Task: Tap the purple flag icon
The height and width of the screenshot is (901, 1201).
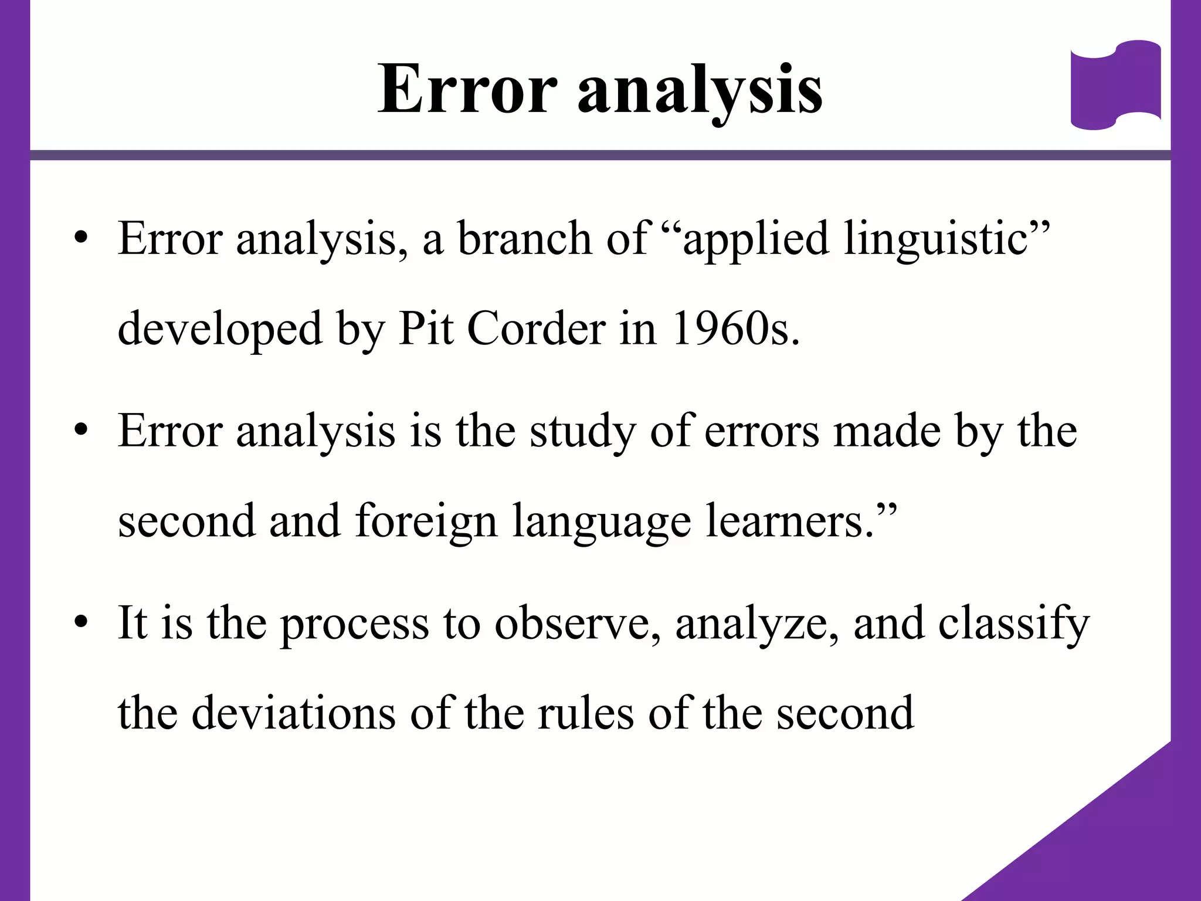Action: pos(1115,84)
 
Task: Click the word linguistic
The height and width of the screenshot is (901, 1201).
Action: pos(936,239)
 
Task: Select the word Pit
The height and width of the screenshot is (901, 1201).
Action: pos(426,328)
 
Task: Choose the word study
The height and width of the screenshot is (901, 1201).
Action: pos(582,433)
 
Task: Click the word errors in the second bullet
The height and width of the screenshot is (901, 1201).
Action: pos(761,432)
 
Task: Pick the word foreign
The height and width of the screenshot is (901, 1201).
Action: pos(426,521)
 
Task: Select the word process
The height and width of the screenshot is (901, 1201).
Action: pos(354,625)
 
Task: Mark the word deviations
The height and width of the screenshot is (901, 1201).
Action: pos(293,713)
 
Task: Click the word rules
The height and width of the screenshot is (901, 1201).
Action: pos(586,713)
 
